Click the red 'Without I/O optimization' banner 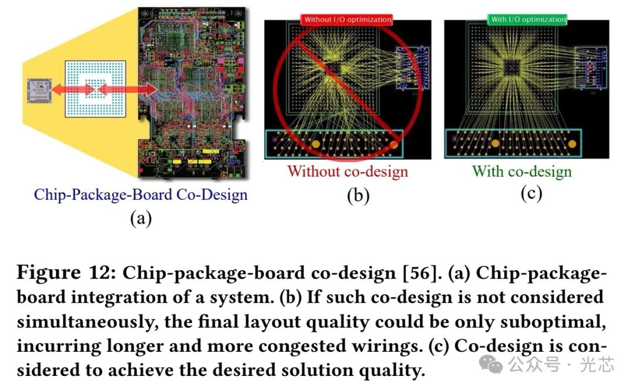coord(347,19)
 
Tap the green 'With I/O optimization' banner coord(527,19)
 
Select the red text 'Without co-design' coord(347,172)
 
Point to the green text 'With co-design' coord(522,172)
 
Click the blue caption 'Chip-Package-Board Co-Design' coord(141,194)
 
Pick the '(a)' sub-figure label coord(141,218)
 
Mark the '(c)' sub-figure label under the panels coord(531,193)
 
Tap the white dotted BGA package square coord(95,89)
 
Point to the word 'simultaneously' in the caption coord(82,322)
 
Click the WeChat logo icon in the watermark coord(492,365)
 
